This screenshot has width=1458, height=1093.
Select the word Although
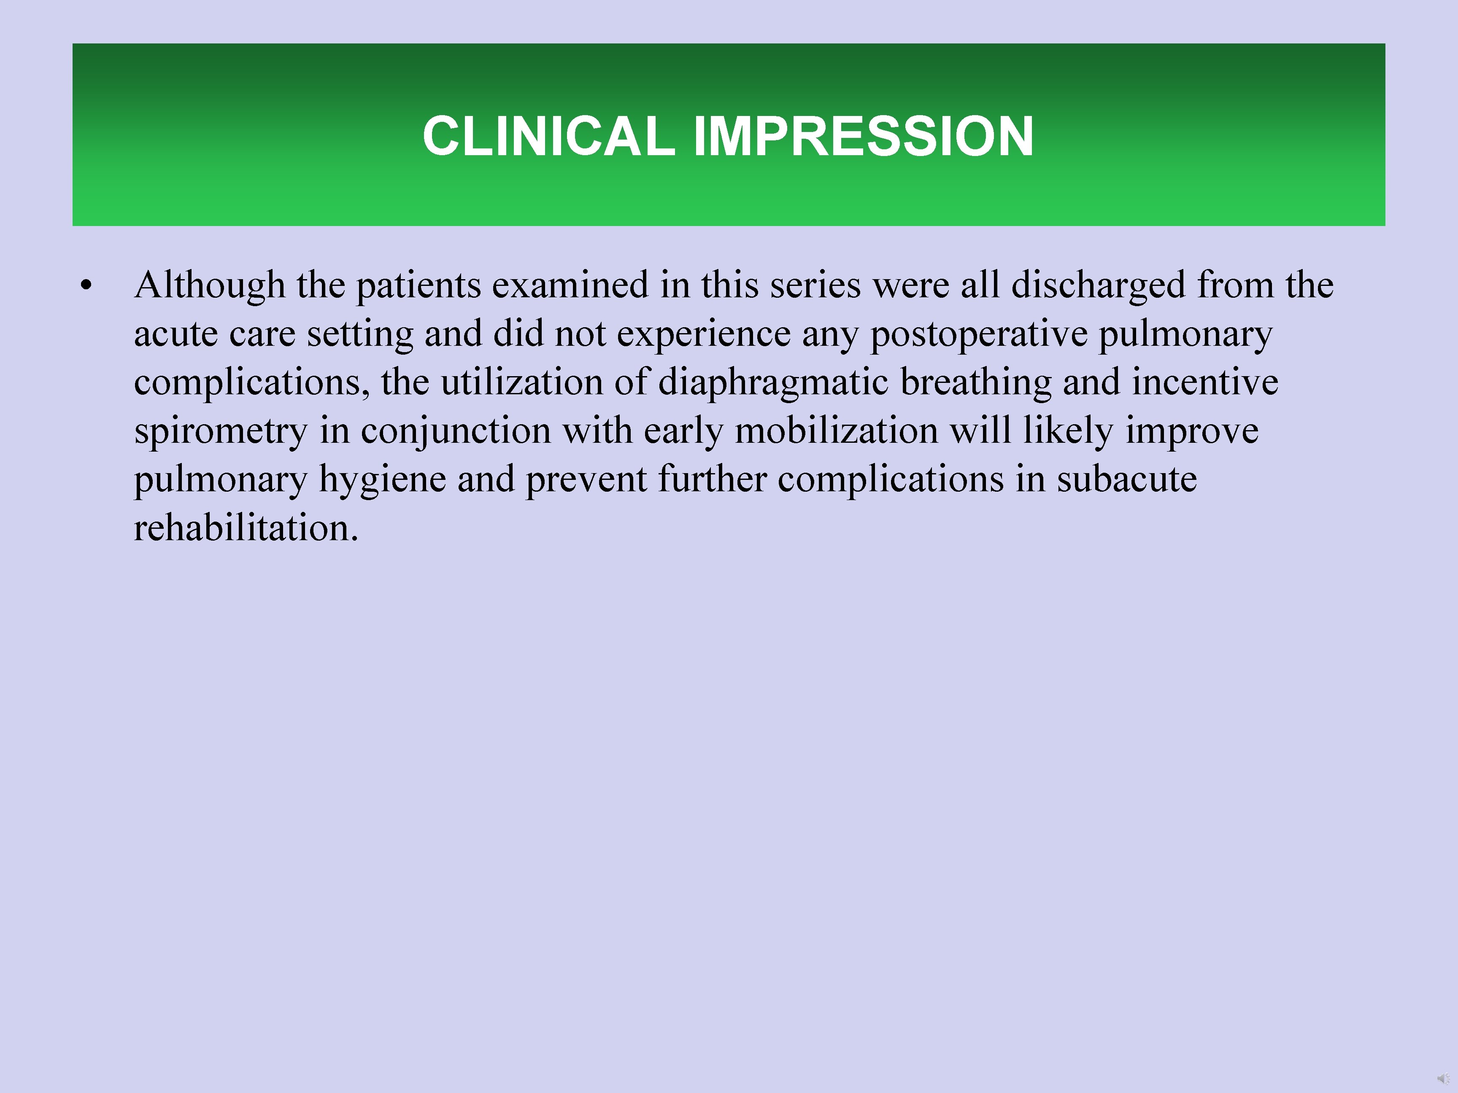click(x=210, y=285)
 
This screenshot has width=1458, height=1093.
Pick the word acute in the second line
click(x=175, y=334)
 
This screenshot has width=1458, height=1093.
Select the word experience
click(x=703, y=334)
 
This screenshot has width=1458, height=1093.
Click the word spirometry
click(x=221, y=431)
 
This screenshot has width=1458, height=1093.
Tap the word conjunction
click(x=456, y=431)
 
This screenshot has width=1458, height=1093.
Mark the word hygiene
click(x=382, y=479)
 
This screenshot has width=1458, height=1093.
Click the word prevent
click(x=586, y=479)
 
